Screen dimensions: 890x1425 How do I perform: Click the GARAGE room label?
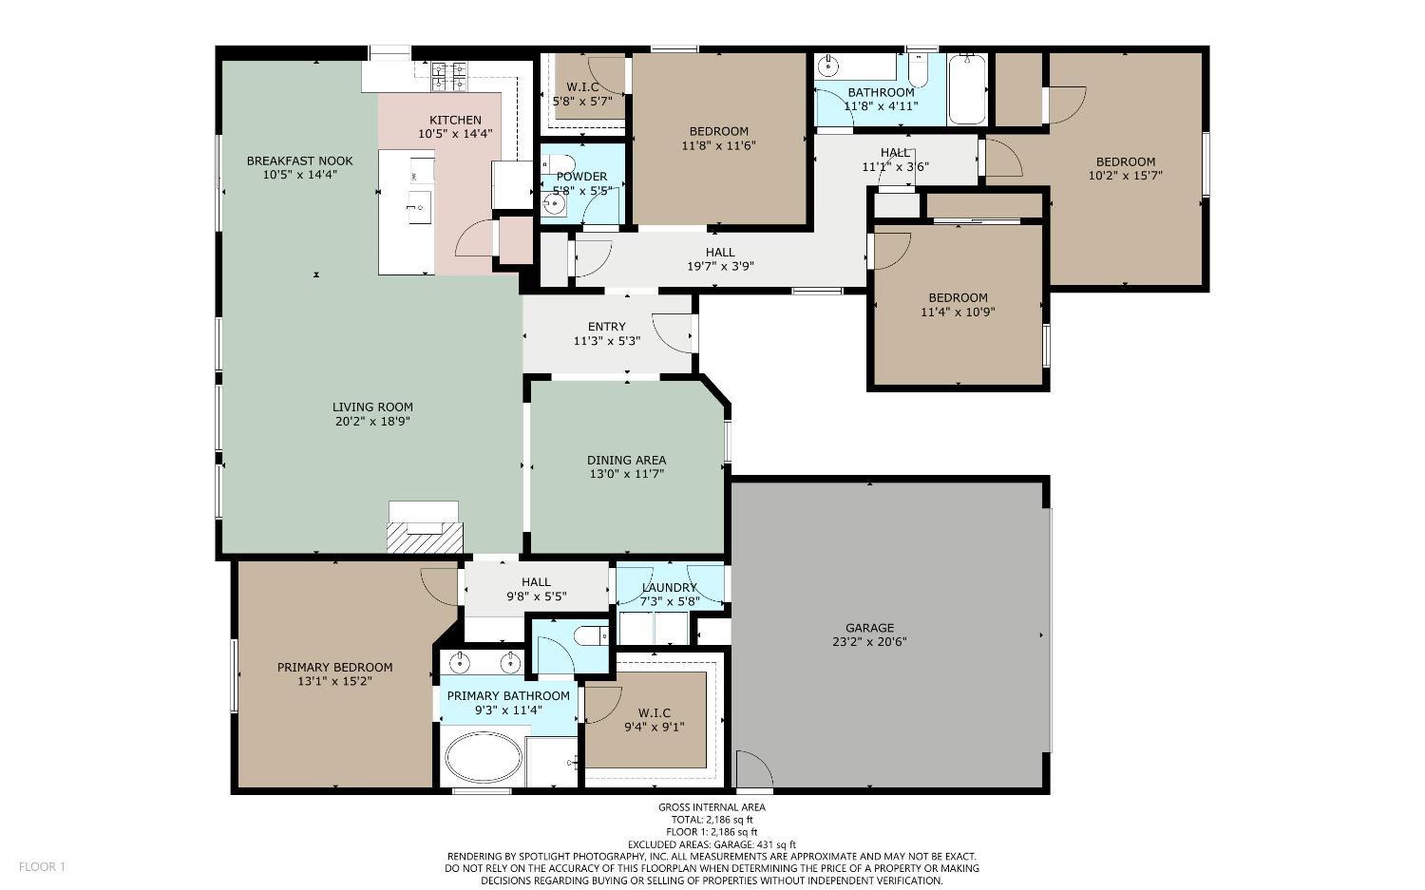click(x=869, y=628)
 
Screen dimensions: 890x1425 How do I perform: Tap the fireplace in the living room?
click(x=424, y=528)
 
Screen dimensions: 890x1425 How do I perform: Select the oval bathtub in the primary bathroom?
click(x=484, y=756)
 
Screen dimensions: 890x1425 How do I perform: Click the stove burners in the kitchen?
click(x=448, y=76)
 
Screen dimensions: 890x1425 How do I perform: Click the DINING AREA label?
click(x=626, y=460)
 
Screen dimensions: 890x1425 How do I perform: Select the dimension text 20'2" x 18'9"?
click(x=372, y=421)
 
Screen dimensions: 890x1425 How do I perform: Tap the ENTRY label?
click(x=606, y=327)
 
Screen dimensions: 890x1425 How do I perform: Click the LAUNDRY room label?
click(x=669, y=587)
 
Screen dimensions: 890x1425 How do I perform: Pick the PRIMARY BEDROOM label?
click(x=334, y=667)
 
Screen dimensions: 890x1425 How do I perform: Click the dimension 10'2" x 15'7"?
click(x=1125, y=175)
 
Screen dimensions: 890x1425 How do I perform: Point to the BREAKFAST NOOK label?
click(x=299, y=161)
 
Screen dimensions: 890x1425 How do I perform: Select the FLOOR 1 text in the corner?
click(x=42, y=866)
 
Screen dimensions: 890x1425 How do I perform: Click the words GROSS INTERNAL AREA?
click(x=712, y=807)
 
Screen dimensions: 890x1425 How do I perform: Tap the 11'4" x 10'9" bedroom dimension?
click(x=958, y=311)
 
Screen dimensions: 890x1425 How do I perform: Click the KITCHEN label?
click(x=455, y=120)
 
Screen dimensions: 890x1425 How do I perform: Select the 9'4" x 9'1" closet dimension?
click(x=654, y=727)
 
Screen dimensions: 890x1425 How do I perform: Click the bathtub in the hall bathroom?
click(x=967, y=89)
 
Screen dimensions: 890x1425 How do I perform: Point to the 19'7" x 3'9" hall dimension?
click(x=719, y=266)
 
